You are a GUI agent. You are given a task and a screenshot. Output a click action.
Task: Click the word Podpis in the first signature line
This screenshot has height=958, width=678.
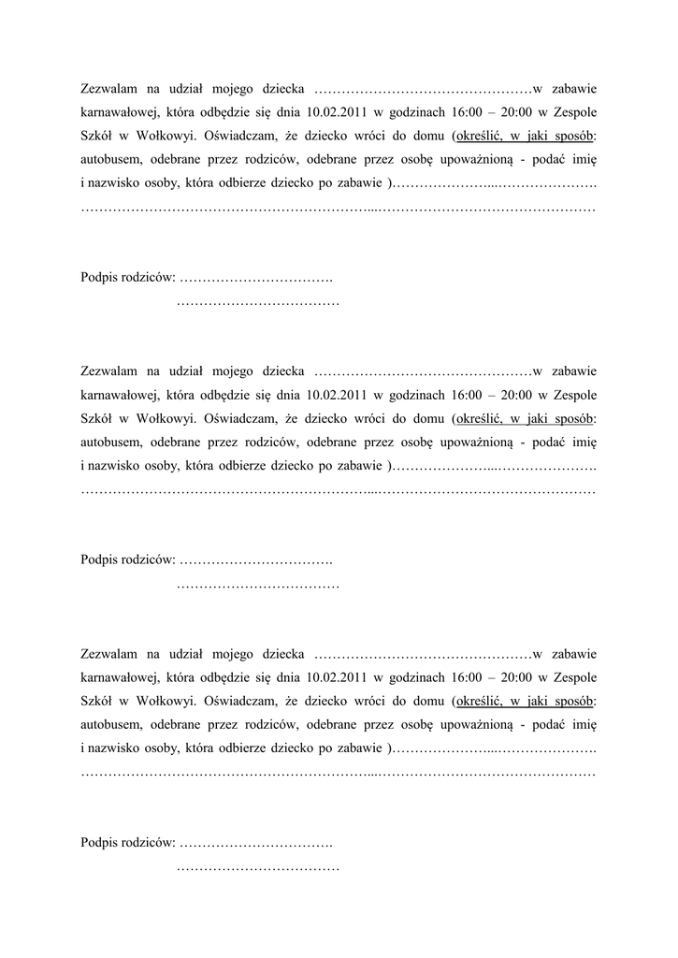pos(99,277)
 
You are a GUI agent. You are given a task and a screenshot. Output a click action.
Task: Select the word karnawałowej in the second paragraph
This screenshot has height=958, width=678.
pos(120,394)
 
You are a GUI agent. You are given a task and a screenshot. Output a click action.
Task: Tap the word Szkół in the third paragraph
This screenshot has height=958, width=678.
pos(96,699)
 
